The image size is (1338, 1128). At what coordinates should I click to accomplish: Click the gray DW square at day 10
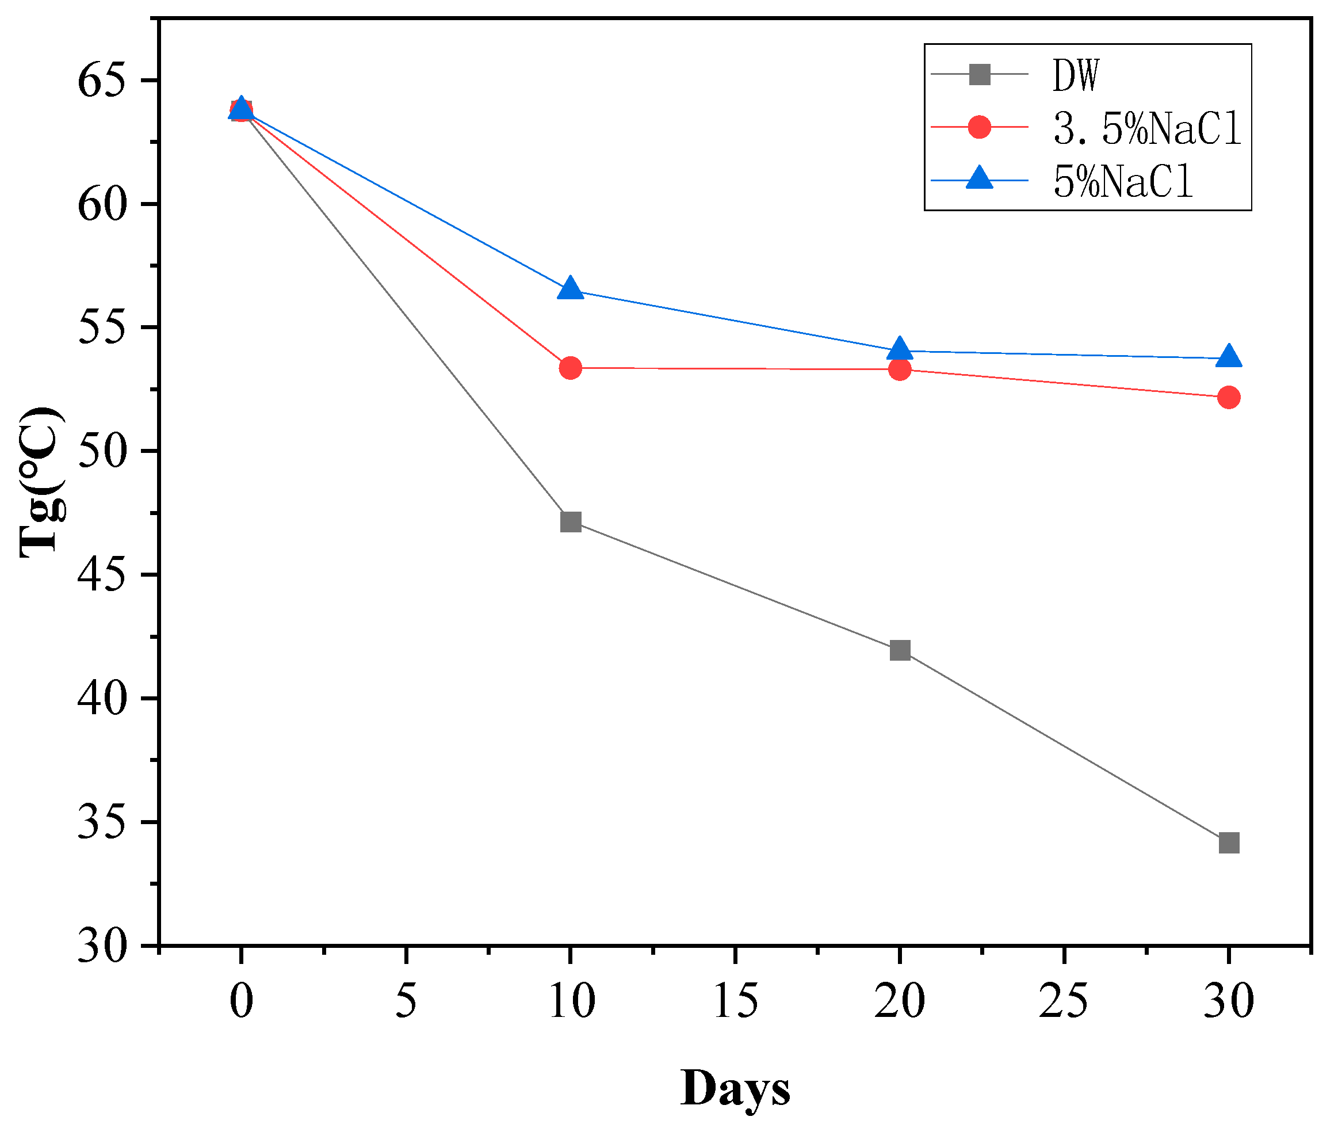pyautogui.click(x=570, y=523)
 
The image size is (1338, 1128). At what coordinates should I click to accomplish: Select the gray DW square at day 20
pyautogui.click(x=900, y=651)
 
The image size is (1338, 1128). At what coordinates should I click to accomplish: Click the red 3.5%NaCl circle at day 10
pyautogui.click(x=570, y=368)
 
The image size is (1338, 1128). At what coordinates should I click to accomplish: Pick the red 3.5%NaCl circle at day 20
pyautogui.click(x=900, y=369)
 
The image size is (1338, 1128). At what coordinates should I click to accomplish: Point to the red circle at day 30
pyautogui.click(x=1229, y=398)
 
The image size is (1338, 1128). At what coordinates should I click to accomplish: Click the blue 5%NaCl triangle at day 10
pyautogui.click(x=570, y=289)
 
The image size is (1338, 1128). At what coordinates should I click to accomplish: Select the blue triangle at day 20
pyautogui.click(x=900, y=349)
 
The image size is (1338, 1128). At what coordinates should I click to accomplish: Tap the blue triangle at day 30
pyautogui.click(x=1229, y=357)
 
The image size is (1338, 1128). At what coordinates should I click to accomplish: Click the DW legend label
pyautogui.click(x=1076, y=75)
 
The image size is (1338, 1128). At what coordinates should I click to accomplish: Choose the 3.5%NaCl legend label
pyautogui.click(x=1147, y=128)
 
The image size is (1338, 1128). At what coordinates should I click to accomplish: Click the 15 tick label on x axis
pyautogui.click(x=735, y=1001)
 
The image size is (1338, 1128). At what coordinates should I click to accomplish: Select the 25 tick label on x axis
pyautogui.click(x=1064, y=1001)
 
